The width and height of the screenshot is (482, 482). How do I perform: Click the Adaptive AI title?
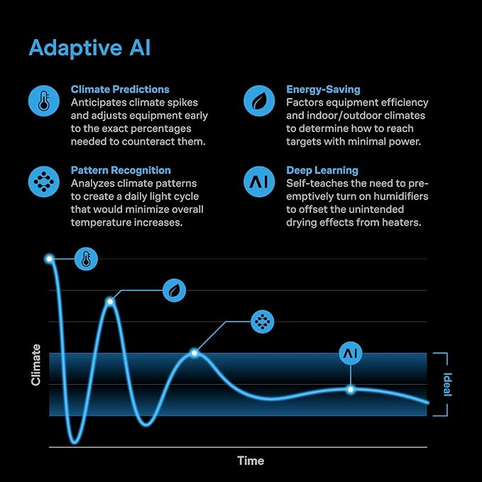coord(89,48)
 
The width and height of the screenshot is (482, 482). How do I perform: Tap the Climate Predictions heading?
coord(120,89)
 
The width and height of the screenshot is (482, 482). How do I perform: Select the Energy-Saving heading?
coord(323,89)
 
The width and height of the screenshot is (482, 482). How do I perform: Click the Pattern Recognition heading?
coord(121,170)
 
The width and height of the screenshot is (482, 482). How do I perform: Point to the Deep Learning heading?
coord(322,170)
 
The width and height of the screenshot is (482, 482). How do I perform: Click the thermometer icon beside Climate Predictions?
coord(43,101)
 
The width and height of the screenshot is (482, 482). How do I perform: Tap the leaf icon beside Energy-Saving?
coord(259,101)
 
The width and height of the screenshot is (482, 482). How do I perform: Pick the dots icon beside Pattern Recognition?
coord(43,182)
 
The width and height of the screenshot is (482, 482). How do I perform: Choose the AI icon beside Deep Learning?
coord(259,182)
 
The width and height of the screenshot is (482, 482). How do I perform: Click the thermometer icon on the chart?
coord(86,259)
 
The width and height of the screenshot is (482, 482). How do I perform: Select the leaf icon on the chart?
coord(174,290)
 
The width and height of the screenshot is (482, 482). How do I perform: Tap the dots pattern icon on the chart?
coord(262,322)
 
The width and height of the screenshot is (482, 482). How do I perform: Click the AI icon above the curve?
coord(351,354)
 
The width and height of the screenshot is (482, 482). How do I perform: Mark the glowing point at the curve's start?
coord(49,259)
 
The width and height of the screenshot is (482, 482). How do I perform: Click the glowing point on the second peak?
coord(110,302)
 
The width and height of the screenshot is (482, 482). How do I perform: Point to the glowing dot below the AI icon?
coord(351,390)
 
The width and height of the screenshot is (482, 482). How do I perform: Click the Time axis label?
coord(251,461)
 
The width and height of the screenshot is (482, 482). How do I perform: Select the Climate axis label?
coord(35,365)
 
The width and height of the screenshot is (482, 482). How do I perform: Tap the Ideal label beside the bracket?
coord(447,385)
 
